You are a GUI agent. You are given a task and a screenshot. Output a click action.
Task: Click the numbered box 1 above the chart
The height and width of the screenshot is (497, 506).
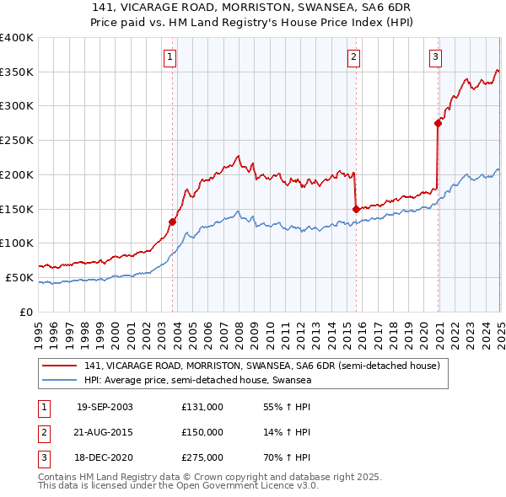[x=170, y=57]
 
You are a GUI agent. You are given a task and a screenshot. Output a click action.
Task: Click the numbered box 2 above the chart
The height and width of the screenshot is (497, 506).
[x=353, y=57]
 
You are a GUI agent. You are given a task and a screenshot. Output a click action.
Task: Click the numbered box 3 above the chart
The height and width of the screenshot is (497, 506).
[x=435, y=57]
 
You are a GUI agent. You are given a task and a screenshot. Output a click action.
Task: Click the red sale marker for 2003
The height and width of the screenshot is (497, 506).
[x=172, y=222]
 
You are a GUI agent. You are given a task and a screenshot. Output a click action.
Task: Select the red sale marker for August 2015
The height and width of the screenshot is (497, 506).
[x=356, y=208]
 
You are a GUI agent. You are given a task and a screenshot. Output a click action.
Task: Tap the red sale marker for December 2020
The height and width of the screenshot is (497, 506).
[x=438, y=123]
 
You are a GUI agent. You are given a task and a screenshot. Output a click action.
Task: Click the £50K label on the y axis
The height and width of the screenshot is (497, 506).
[x=19, y=277]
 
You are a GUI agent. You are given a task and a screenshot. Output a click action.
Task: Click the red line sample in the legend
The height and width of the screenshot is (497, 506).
[x=61, y=366]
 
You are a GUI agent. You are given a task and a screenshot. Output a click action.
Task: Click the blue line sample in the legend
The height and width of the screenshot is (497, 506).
[x=61, y=381]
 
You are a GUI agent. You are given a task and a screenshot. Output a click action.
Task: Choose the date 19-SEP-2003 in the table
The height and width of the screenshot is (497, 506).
[x=105, y=407]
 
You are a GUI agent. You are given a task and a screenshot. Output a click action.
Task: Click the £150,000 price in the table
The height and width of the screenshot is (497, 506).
[x=202, y=432]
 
